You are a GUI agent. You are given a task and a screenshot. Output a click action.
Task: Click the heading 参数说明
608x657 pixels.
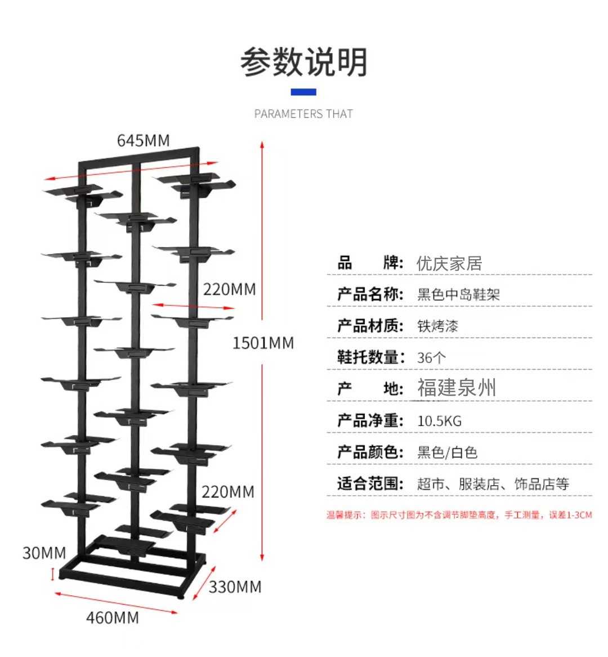click(x=303, y=62)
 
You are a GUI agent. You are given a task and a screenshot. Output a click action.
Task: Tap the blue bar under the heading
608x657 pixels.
click(x=303, y=92)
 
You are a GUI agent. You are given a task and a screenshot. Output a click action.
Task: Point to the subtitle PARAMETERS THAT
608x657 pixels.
click(x=303, y=114)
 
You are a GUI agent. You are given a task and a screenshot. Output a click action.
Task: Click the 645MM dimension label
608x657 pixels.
click(x=143, y=141)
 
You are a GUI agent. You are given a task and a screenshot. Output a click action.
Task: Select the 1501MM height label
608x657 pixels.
click(x=263, y=343)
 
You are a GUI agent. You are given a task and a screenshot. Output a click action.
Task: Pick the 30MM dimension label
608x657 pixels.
click(x=44, y=553)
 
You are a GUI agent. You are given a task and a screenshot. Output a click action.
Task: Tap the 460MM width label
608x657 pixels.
click(x=113, y=618)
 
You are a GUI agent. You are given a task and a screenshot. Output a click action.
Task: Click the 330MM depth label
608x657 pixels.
click(x=235, y=587)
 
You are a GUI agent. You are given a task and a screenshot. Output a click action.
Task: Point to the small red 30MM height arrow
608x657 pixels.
click(x=53, y=575)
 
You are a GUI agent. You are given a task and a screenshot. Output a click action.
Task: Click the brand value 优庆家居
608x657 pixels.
click(x=449, y=264)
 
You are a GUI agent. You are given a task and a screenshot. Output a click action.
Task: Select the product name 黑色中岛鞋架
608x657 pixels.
click(x=458, y=295)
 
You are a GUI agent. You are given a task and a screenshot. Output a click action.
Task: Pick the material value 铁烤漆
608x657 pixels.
click(x=437, y=326)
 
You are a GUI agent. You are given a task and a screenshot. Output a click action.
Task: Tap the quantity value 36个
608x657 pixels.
click(x=431, y=358)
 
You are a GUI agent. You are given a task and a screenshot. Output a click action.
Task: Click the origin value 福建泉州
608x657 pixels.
click(x=457, y=388)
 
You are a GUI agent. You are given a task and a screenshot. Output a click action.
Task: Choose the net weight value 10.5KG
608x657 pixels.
click(x=439, y=421)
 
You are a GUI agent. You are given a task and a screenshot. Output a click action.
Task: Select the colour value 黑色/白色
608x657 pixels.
click(x=447, y=452)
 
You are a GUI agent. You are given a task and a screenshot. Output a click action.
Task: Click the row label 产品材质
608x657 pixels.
click(x=370, y=326)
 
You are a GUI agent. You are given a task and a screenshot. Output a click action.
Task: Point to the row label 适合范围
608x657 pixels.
click(x=370, y=483)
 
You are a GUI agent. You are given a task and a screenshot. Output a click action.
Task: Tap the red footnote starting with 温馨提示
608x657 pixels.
click(x=459, y=515)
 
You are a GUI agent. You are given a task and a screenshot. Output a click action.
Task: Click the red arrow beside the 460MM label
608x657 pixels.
click(x=116, y=603)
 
